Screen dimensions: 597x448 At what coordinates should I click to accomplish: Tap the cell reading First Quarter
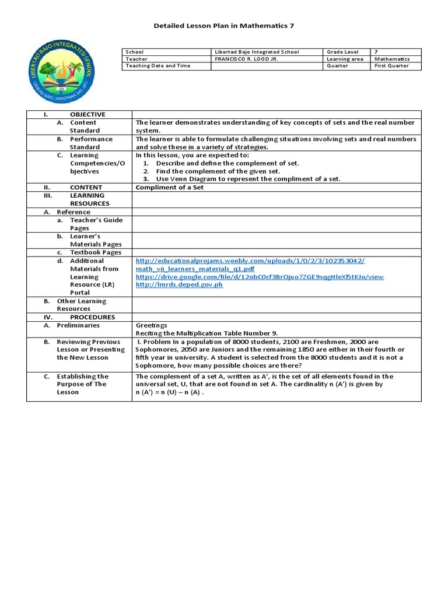tap(400, 66)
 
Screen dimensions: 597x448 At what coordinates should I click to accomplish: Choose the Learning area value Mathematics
tap(392, 59)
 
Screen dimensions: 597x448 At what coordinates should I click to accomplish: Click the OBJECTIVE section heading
tap(87, 115)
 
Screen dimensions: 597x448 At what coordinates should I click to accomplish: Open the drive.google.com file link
tap(260, 277)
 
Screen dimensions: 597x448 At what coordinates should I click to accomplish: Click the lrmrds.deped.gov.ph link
tap(179, 285)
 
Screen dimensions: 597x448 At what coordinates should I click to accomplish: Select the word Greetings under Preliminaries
tap(151, 325)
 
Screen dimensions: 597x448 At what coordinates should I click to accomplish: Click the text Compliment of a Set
tap(170, 188)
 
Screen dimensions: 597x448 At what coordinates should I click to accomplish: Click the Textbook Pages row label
tap(96, 252)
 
